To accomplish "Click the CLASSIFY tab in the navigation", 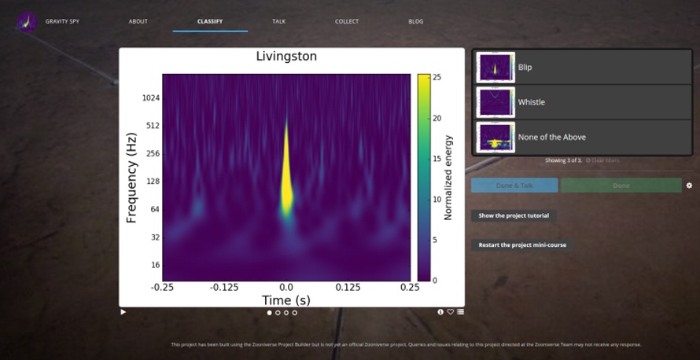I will pos(210,21).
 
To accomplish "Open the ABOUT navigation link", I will pos(138,21).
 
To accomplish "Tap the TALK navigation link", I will pos(279,21).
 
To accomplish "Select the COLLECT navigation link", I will pos(347,21).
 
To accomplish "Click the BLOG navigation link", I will pos(416,21).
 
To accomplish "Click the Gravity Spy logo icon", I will pos(28,21).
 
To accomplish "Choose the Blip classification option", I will pos(582,68).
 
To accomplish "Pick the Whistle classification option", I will pos(582,102).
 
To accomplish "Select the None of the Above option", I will pos(582,137).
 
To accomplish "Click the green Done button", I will pos(621,186).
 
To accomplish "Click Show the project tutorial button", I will pos(514,215).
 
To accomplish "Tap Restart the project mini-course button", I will pos(522,245).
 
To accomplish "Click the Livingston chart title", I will pos(286,57).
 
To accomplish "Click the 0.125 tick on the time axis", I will pos(348,288).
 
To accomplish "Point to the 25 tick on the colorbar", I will pos(436,77).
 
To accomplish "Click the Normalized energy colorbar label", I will pos(448,178).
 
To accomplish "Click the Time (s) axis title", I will pos(286,300).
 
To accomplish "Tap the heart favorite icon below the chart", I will pos(451,312).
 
